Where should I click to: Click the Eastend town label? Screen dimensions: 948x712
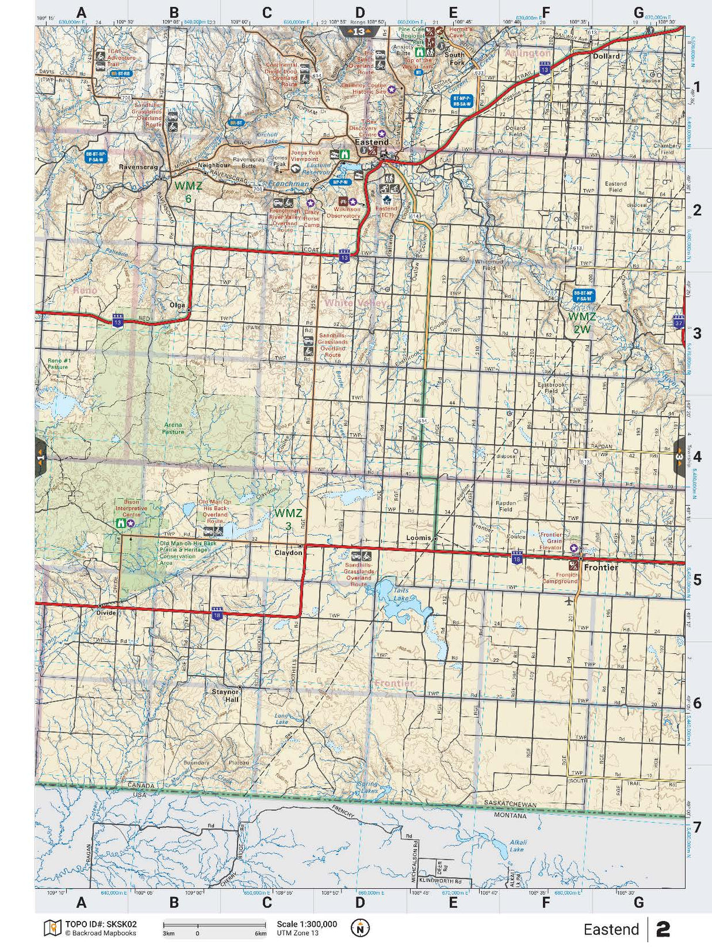click(x=371, y=142)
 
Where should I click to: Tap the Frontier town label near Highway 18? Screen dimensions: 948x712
click(x=601, y=568)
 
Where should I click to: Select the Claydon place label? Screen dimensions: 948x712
click(x=289, y=553)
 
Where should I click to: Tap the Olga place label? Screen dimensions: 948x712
click(x=177, y=305)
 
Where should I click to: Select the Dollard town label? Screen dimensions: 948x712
click(x=606, y=56)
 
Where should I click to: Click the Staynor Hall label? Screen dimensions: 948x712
click(x=225, y=695)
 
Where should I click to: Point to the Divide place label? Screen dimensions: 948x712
click(x=107, y=613)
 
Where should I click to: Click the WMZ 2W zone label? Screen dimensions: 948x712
click(x=582, y=323)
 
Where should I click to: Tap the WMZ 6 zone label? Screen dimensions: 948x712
click(x=188, y=192)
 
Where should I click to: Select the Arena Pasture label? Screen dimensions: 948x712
click(x=173, y=428)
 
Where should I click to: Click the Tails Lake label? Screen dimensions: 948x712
click(x=402, y=595)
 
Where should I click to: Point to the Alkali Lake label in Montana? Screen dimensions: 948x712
click(x=517, y=845)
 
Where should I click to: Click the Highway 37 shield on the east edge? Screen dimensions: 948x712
click(x=679, y=322)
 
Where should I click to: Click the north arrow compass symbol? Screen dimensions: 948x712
click(x=360, y=928)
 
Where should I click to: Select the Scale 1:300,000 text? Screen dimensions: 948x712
click(x=307, y=924)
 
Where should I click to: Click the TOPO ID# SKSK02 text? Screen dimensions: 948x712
click(x=100, y=924)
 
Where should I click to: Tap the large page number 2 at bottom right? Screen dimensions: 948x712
click(x=663, y=929)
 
